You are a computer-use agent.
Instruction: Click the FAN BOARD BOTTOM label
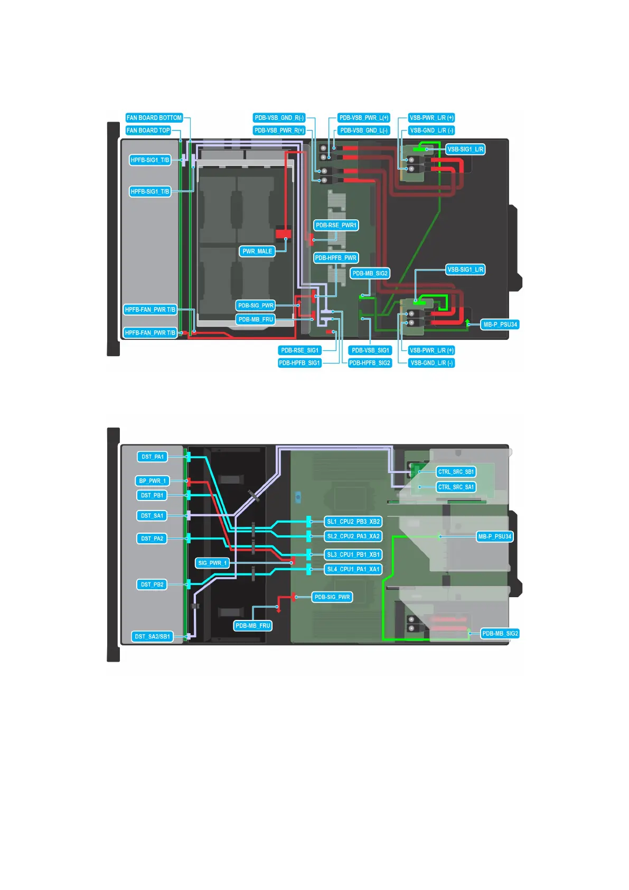pyautogui.click(x=154, y=118)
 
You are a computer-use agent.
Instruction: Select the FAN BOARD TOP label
pyautogui.click(x=148, y=131)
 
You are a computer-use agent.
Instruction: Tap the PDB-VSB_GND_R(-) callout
pyautogui.click(x=279, y=118)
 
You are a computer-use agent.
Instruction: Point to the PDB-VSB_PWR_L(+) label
pyautogui.click(x=364, y=118)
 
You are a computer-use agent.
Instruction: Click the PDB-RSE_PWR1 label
pyautogui.click(x=336, y=225)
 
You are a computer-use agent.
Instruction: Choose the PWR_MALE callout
pyautogui.click(x=257, y=252)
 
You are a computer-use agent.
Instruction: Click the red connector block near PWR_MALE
pyautogui.click(x=284, y=233)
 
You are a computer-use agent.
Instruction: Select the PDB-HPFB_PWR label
pyautogui.click(x=336, y=258)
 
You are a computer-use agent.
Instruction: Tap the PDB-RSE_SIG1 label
pyautogui.click(x=300, y=350)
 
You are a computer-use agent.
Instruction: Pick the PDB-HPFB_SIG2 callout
pyautogui.click(x=370, y=363)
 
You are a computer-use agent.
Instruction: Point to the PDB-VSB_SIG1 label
pyautogui.click(x=370, y=350)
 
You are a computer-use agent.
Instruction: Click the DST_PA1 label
pyautogui.click(x=153, y=457)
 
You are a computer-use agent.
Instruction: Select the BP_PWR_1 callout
pyautogui.click(x=153, y=481)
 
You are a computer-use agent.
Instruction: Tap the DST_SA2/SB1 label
pyautogui.click(x=152, y=637)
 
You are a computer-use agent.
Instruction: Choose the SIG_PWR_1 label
pyautogui.click(x=212, y=563)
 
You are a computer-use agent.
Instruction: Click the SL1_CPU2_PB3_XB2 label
pyautogui.click(x=353, y=522)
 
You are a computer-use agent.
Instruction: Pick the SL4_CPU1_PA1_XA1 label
pyautogui.click(x=353, y=569)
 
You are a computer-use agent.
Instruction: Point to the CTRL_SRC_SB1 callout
pyautogui.click(x=456, y=472)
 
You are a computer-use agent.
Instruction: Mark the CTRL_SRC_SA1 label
pyautogui.click(x=456, y=487)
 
